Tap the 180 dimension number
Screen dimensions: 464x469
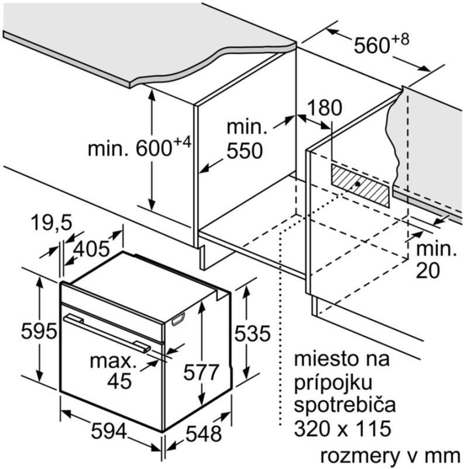(324, 108)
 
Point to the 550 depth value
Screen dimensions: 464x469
(245, 151)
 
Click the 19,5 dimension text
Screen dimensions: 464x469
(51, 223)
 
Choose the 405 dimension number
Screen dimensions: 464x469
(91, 249)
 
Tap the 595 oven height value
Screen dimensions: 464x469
(39, 331)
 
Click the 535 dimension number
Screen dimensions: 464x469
(252, 334)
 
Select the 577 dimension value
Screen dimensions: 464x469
(201, 372)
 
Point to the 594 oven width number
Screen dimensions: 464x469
(109, 431)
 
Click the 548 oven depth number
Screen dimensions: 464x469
(204, 433)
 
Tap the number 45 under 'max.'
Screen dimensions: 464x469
(119, 380)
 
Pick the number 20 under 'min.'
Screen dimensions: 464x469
(428, 270)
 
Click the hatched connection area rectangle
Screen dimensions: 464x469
(360, 185)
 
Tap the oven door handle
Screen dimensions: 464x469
(106, 332)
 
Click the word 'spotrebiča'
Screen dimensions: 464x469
(345, 405)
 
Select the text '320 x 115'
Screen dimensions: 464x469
(342, 428)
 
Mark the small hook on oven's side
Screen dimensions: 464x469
(178, 319)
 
